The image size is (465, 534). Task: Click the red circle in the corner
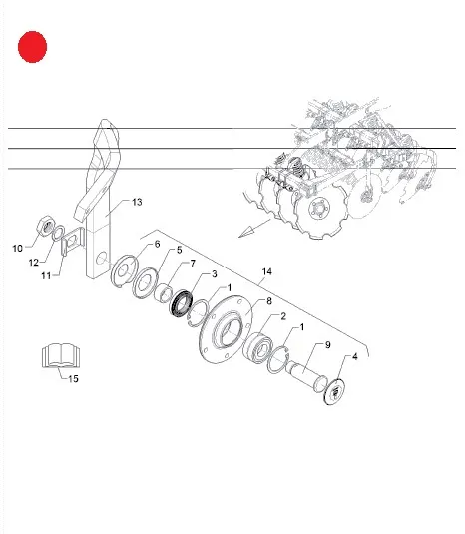click(x=32, y=47)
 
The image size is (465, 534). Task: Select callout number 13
click(x=137, y=202)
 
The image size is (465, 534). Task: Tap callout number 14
click(x=267, y=271)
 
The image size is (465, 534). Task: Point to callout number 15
click(x=73, y=378)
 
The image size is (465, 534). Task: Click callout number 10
click(x=17, y=249)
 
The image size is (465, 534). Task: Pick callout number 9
click(x=328, y=345)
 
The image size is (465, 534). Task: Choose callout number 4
click(x=355, y=357)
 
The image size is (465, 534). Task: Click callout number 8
click(x=269, y=301)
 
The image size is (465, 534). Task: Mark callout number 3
click(x=215, y=274)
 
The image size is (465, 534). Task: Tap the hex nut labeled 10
click(x=46, y=225)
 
